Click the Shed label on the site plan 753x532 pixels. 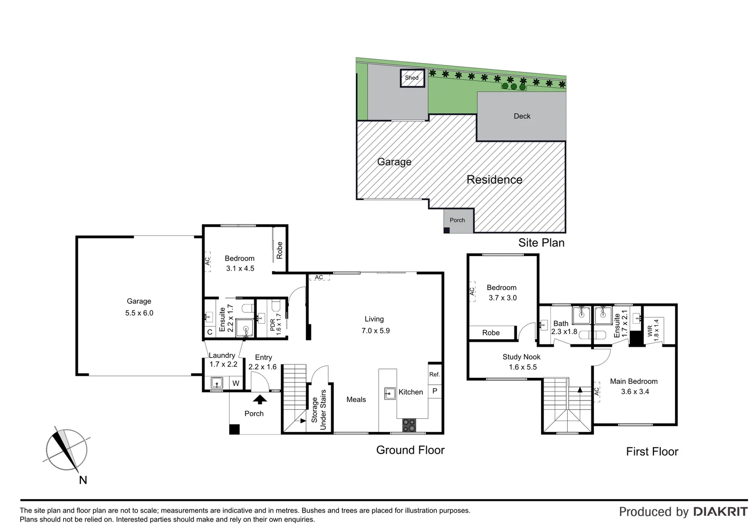[x=411, y=78]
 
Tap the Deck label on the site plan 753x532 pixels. [x=522, y=116]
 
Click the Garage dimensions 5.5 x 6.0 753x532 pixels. [x=139, y=313]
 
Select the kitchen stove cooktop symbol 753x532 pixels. [x=409, y=425]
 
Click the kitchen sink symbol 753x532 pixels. [x=390, y=393]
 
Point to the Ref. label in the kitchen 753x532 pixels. [x=434, y=374]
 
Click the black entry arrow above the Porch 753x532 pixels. [x=260, y=399]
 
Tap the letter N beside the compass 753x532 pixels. [x=83, y=480]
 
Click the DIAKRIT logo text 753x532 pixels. [x=720, y=512]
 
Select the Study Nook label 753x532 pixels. [x=521, y=357]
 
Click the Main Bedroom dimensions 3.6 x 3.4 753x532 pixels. [x=635, y=392]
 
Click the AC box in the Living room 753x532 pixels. [x=319, y=277]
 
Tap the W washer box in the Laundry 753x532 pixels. [x=236, y=383]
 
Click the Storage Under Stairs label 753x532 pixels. [x=319, y=410]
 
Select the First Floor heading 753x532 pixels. [x=652, y=451]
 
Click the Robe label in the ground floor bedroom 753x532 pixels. [x=279, y=250]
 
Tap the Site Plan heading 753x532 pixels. [x=541, y=242]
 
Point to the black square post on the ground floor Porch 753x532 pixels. [x=235, y=429]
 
